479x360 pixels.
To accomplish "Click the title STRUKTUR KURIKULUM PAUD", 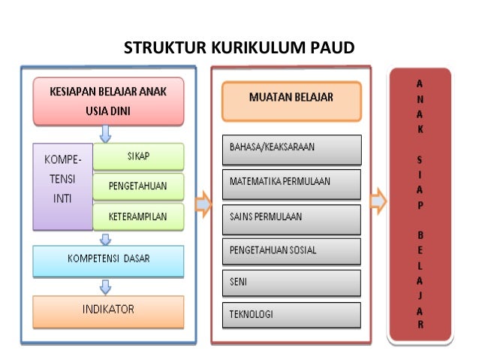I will (x=239, y=50).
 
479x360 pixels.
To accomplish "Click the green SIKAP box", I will (x=137, y=156).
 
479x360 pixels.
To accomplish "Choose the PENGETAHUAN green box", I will (x=137, y=186).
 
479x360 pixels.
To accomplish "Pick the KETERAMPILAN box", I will (x=137, y=216).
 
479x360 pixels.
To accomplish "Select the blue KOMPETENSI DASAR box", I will (x=107, y=259).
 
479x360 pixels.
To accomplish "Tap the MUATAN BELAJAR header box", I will (x=291, y=98).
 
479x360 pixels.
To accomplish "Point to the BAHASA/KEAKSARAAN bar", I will (x=291, y=147).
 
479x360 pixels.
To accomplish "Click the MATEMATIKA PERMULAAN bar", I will (x=291, y=182).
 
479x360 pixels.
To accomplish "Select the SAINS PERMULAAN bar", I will (x=291, y=216).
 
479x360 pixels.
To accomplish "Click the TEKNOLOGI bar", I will (x=291, y=313).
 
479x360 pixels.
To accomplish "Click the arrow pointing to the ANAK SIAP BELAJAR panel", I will (x=378, y=201).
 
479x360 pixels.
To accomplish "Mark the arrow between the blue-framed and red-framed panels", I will (x=203, y=203).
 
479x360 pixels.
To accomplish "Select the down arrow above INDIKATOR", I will (x=107, y=286).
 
